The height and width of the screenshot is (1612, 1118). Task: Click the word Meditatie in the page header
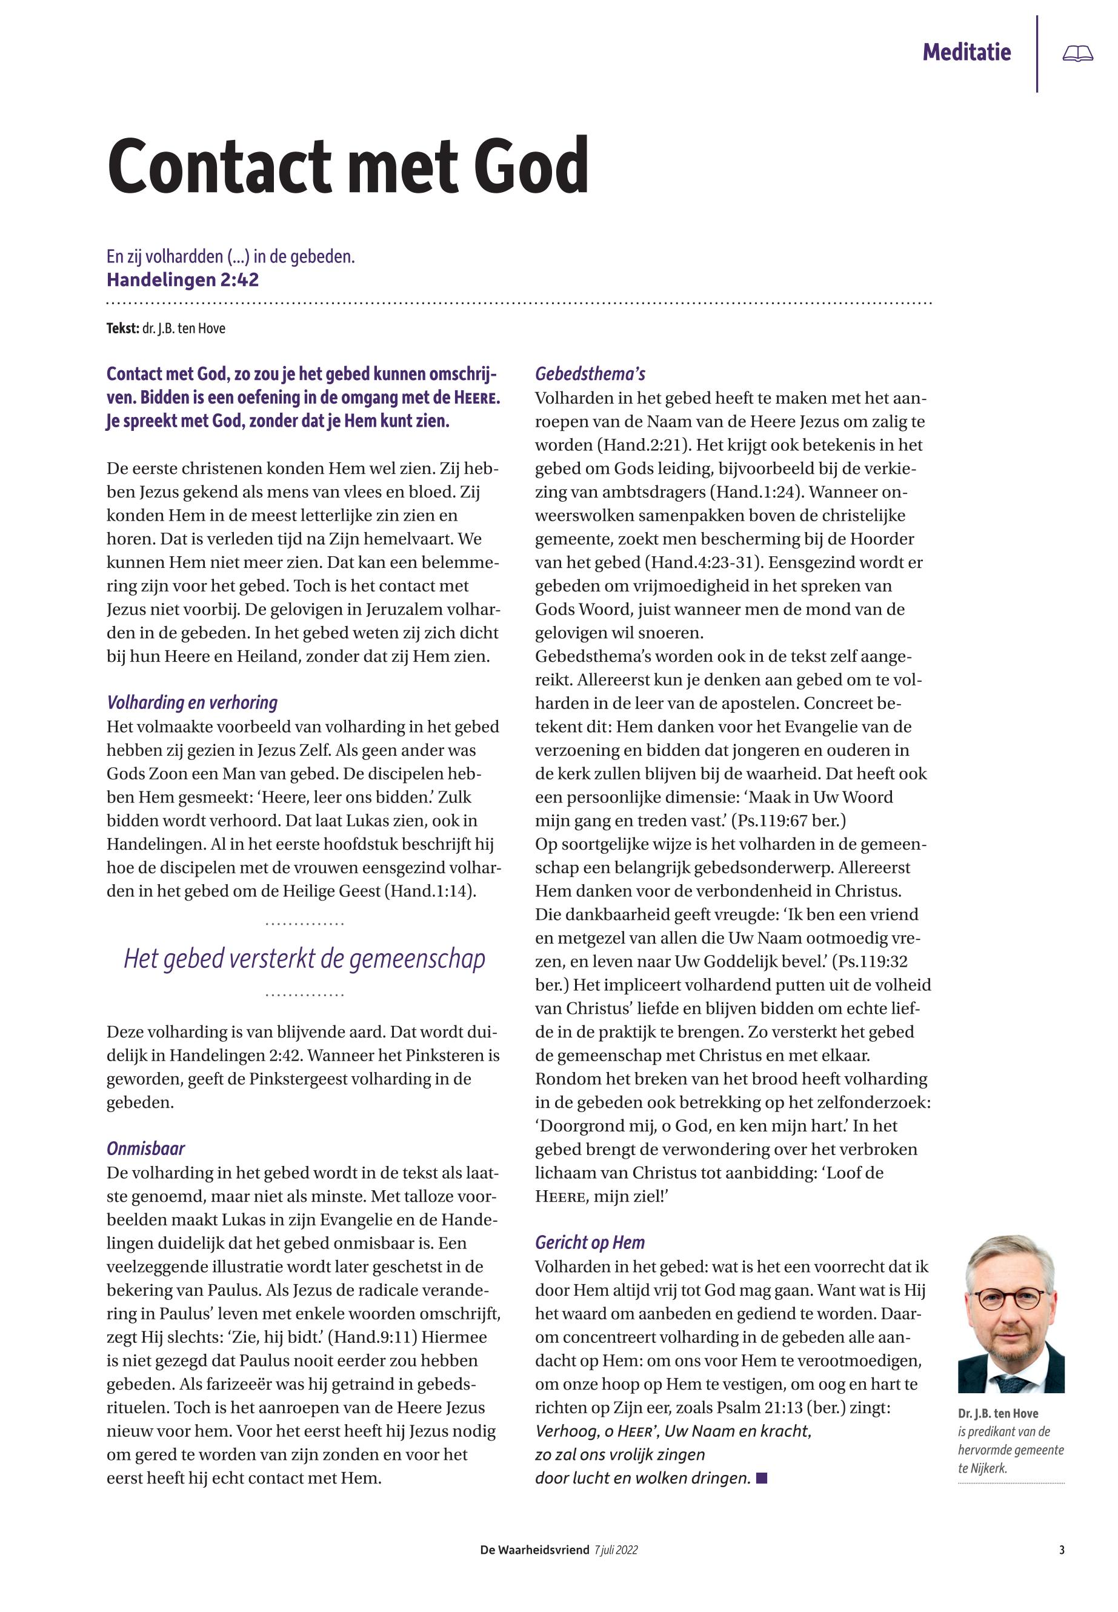[x=966, y=52]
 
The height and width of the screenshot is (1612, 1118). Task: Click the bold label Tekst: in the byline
[x=122, y=328]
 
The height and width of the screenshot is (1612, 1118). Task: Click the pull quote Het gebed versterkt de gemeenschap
[x=305, y=958]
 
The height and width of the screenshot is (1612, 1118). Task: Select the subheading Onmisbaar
[x=145, y=1148]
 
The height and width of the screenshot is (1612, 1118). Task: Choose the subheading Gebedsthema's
[x=590, y=374]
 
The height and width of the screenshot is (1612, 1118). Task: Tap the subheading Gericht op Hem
[x=590, y=1242]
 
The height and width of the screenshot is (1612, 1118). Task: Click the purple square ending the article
[x=762, y=1478]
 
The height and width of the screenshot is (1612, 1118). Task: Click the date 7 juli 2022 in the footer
[x=616, y=1550]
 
